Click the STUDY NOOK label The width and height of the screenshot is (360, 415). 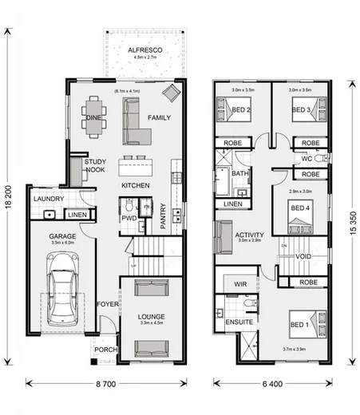point(95,165)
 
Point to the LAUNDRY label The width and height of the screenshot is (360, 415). point(48,199)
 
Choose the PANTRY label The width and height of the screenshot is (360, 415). point(163,216)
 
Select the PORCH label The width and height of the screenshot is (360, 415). point(105,350)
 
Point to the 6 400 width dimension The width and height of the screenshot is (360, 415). point(271,385)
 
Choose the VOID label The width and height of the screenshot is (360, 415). point(302,256)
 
